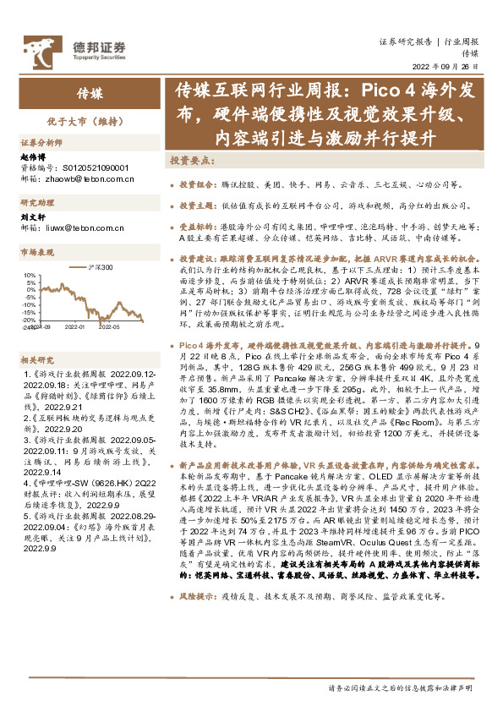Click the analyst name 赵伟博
click(x=32, y=157)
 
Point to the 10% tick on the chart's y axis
click(x=30, y=275)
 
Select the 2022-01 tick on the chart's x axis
click(x=74, y=325)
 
